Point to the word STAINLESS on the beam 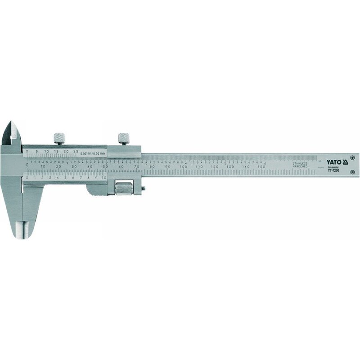tap(300, 163)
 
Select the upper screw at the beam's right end tap(352, 157)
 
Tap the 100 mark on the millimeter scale tap(183, 166)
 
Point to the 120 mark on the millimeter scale tap(214, 166)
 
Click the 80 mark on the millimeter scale tap(152, 166)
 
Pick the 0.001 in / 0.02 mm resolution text tap(93, 153)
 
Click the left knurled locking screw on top tap(58, 138)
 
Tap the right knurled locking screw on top tap(123, 138)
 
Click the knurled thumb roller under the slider tap(122, 187)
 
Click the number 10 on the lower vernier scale tap(104, 178)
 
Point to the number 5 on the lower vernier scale tap(65, 178)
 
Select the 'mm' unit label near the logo tap(320, 167)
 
